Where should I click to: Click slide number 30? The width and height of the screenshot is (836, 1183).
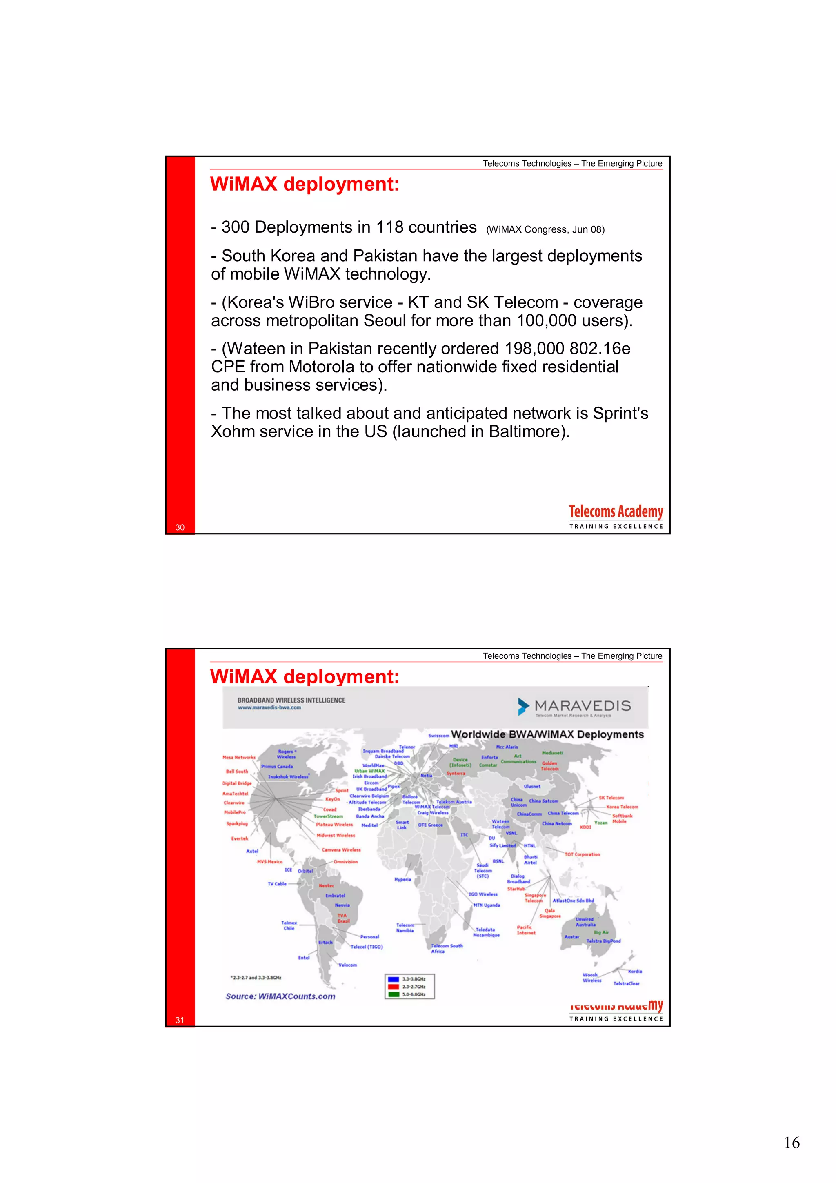pyautogui.click(x=180, y=527)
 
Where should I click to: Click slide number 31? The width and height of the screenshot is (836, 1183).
pyautogui.click(x=180, y=1020)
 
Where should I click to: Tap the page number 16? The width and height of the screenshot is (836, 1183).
pyautogui.click(x=792, y=1143)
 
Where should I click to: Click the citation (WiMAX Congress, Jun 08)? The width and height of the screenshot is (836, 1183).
pyautogui.click(x=545, y=230)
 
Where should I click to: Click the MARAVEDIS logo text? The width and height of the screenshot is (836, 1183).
pyautogui.click(x=582, y=706)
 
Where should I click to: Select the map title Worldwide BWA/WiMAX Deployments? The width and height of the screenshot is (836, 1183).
pyautogui.click(x=547, y=734)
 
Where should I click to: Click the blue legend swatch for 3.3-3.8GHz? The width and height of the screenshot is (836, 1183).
pyautogui.click(x=394, y=979)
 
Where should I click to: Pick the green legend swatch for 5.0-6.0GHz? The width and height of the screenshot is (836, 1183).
pyautogui.click(x=394, y=994)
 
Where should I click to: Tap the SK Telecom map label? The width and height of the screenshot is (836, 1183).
pyautogui.click(x=611, y=798)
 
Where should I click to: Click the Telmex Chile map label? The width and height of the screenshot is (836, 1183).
pyautogui.click(x=289, y=925)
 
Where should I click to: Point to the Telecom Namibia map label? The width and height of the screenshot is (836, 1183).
pyautogui.click(x=405, y=927)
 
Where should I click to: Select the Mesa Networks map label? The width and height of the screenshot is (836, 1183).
pyautogui.click(x=238, y=757)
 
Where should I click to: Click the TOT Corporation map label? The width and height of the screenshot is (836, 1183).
pyautogui.click(x=582, y=854)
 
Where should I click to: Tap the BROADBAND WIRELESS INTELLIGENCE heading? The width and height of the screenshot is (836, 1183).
pyautogui.click(x=291, y=700)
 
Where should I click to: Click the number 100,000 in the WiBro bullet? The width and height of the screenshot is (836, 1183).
pyautogui.click(x=546, y=320)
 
